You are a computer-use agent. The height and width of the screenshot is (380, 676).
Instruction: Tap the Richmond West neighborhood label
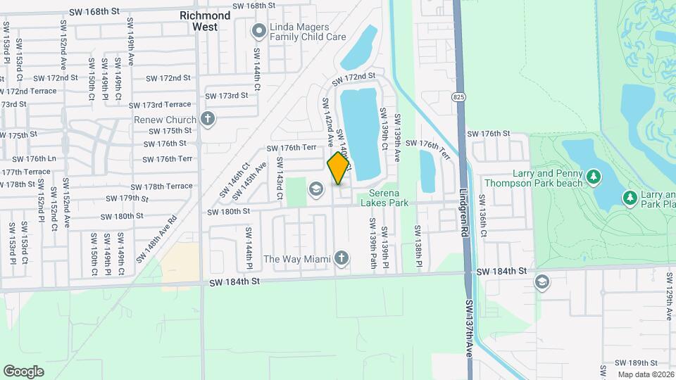(x=205, y=20)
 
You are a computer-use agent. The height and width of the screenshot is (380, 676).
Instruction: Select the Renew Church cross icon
(x=207, y=118)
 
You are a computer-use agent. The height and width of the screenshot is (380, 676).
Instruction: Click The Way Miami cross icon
(x=342, y=258)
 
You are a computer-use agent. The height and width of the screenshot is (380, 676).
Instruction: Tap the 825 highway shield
(x=459, y=96)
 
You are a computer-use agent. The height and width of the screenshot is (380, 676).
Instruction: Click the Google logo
(x=23, y=372)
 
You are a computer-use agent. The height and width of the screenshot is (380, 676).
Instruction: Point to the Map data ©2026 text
(x=645, y=374)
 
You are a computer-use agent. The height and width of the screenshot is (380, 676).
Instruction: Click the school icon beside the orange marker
(x=315, y=189)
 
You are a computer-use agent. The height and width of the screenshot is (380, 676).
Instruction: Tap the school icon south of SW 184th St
(x=542, y=283)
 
